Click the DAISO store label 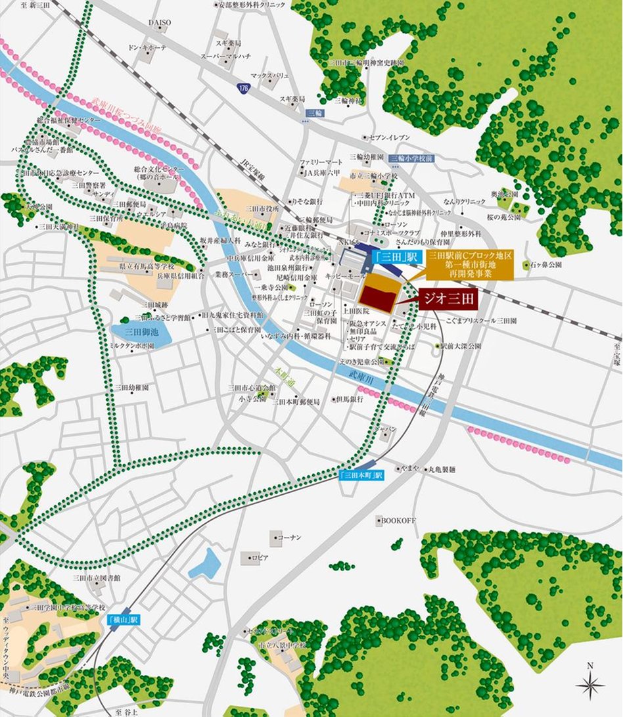tap(159, 22)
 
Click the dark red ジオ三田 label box tap(447, 298)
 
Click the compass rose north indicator tap(589, 685)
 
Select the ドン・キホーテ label tap(148, 49)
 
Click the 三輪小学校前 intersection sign tap(410, 158)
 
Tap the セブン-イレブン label tap(390, 137)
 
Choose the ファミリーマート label tap(322, 162)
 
